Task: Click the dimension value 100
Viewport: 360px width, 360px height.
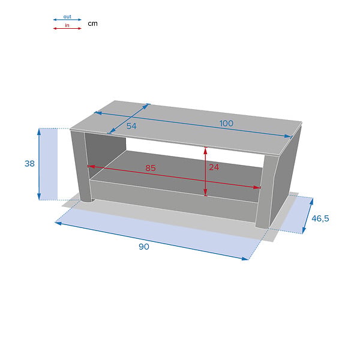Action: (x=226, y=124)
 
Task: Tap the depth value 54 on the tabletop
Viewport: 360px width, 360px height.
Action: (x=131, y=126)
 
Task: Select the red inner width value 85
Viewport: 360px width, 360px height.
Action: (x=151, y=168)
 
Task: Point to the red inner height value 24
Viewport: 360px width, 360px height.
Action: (x=214, y=167)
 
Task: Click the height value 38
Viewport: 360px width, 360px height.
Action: (x=29, y=163)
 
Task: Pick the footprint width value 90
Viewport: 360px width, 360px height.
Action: (x=144, y=247)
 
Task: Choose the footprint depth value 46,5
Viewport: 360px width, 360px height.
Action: (x=320, y=218)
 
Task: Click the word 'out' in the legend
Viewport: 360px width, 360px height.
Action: (x=67, y=17)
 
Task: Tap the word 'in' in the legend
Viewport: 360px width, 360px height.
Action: (x=67, y=25)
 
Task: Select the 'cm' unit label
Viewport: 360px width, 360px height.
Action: (x=93, y=23)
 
